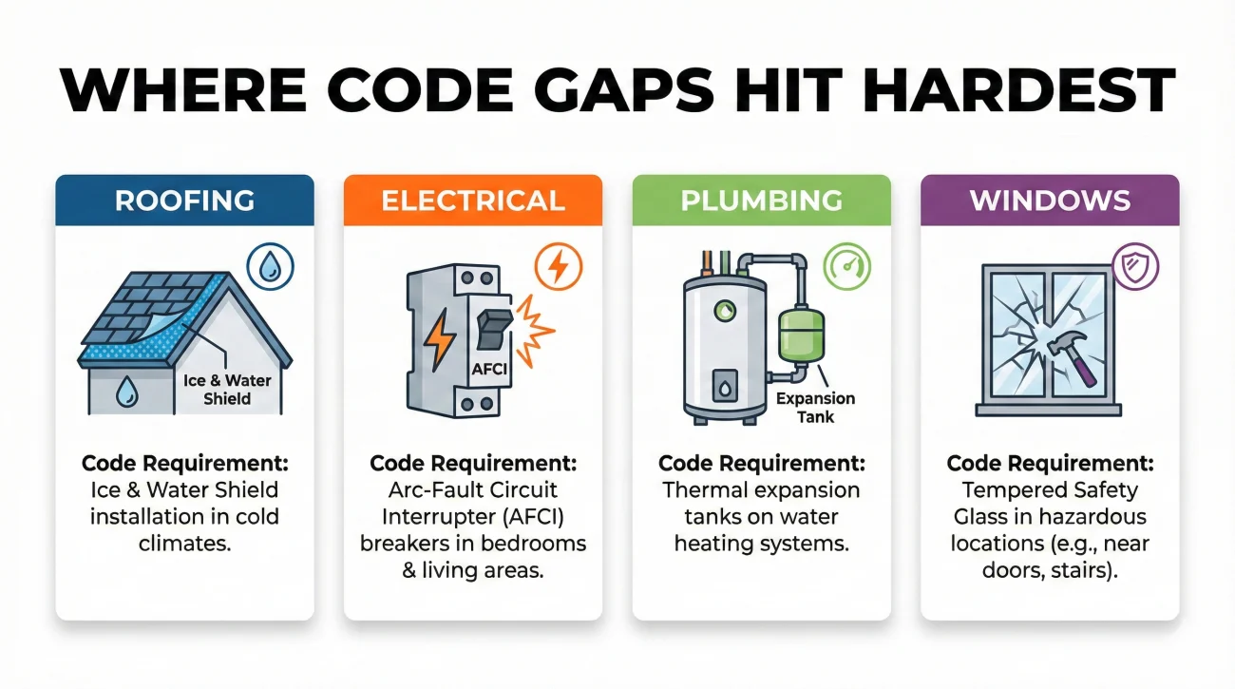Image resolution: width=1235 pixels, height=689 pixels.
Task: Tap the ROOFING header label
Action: coord(184,201)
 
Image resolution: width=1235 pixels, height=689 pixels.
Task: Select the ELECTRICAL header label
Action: coord(472,201)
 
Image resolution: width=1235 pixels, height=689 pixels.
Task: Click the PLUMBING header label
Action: coord(761,201)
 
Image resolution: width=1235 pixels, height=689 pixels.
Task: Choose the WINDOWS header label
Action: coord(1050,201)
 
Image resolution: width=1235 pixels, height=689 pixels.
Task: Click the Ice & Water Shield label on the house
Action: coord(227,389)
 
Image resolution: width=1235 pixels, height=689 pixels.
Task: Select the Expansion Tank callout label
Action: coord(815,407)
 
